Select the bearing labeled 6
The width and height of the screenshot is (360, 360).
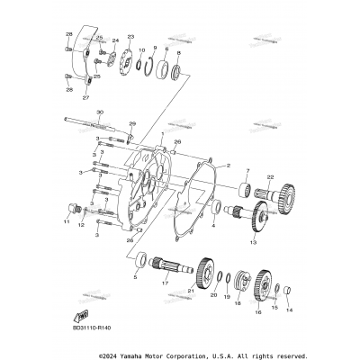pos(164,67)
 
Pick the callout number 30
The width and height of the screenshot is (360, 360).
pos(99,112)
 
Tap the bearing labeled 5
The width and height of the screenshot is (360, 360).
pos(141,262)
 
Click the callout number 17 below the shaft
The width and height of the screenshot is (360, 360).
pos(165,283)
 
